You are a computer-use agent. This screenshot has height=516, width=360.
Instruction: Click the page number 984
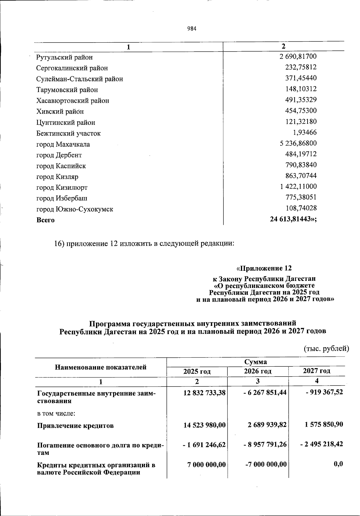tap(192, 29)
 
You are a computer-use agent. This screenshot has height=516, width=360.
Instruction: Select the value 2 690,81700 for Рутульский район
tap(298, 56)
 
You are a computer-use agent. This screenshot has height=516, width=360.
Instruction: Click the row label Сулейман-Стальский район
tap(79, 79)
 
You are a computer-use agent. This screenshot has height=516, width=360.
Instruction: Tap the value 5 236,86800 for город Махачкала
tap(298, 143)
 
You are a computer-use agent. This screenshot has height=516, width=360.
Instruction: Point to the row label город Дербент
tap(59, 155)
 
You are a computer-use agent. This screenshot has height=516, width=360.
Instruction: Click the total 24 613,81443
tap(293, 219)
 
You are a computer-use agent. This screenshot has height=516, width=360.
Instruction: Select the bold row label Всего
tap(46, 220)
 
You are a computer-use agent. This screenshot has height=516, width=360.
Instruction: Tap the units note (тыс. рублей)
tap(326, 349)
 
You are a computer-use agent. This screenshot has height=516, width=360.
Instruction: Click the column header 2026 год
tap(257, 371)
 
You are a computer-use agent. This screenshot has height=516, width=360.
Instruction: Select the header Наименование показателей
tap(100, 367)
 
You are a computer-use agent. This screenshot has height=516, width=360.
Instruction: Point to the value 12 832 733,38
tap(204, 392)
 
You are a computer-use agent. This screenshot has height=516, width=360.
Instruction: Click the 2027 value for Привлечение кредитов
tap(322, 425)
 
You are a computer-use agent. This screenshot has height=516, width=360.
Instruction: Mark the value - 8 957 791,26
tap(265, 444)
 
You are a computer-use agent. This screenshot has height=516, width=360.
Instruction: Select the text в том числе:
tap(56, 414)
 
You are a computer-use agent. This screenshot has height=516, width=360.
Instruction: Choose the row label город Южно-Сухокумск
tap(75, 209)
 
